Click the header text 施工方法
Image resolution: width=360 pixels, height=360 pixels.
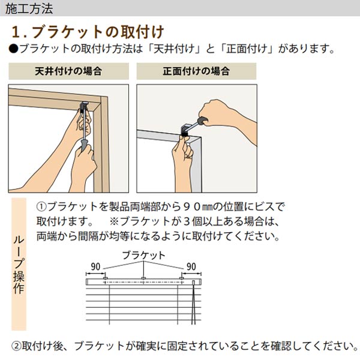pos(29,8)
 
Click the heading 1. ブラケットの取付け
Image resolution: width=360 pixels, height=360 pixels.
pos(88,32)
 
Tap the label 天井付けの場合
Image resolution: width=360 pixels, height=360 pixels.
pos(68,71)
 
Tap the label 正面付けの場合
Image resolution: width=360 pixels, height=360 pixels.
pos(196,71)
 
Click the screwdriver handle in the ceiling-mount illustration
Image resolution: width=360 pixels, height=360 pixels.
pos(84,145)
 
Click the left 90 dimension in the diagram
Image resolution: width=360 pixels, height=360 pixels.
pos(95,267)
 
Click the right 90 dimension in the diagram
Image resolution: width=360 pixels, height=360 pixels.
pos(191,267)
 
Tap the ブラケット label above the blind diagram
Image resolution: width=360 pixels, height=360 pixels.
pos(144,256)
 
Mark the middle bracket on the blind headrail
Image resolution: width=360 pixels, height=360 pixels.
pos(143,278)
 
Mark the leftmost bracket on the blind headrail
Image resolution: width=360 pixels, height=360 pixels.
pos(106,278)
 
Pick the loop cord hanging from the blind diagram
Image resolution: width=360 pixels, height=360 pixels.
pos(194,302)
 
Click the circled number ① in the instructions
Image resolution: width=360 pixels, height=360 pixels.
pos(41,207)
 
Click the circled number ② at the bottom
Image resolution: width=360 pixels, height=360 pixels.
pos(16,346)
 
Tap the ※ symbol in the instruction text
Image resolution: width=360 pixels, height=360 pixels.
pos(114,221)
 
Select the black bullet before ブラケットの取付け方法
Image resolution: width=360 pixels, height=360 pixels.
pos(13,49)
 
